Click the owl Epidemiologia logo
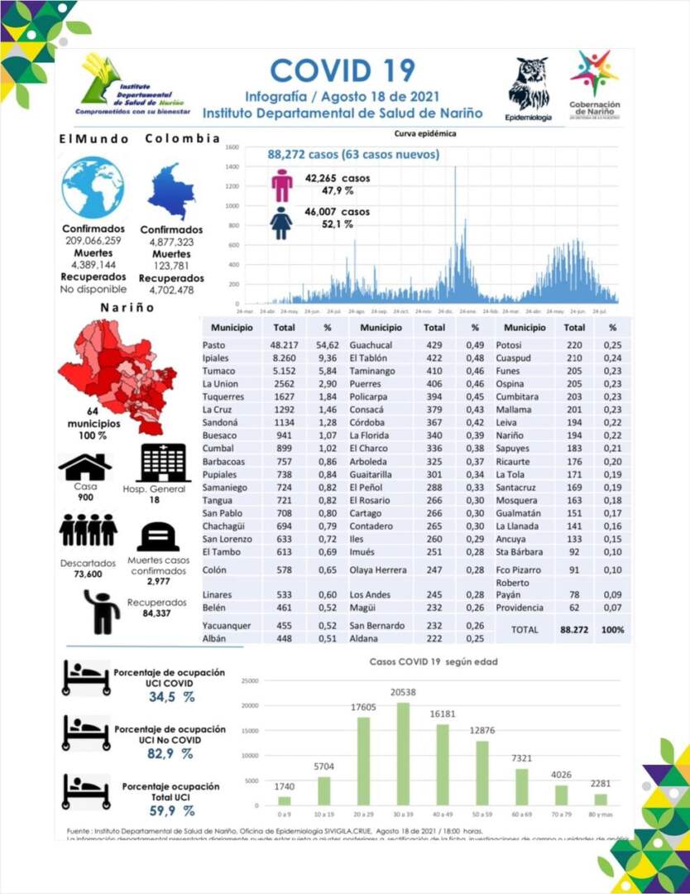pos(528,84)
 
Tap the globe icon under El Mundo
pos(93,187)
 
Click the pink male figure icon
pos(282,185)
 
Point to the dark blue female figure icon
pos(282,222)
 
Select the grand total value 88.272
pos(574,630)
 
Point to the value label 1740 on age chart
pos(284,785)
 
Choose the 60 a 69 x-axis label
pos(522,815)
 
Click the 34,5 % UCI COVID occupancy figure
pos(171,697)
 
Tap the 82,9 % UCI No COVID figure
pos(171,754)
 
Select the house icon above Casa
pos(84,468)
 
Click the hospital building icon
pos(164,463)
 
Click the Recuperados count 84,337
pos(151,613)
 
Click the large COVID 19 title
pos(343,70)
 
